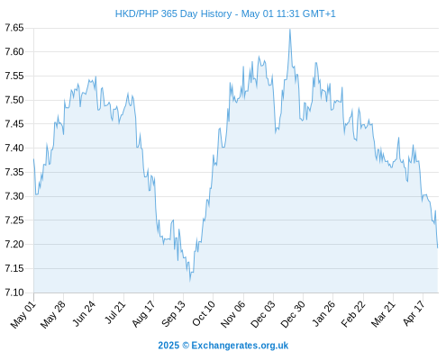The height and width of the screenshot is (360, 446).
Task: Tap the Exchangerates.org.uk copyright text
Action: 223,346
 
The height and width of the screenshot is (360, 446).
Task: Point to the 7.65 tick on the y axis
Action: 14,28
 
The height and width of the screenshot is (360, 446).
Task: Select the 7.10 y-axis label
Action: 14,292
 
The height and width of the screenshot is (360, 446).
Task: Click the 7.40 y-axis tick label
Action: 14,148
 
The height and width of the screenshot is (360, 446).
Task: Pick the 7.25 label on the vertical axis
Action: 14,220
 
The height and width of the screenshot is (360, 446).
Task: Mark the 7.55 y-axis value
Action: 14,76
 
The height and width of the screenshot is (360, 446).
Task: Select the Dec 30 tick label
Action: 293,314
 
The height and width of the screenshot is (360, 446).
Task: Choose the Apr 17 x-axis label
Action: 414,313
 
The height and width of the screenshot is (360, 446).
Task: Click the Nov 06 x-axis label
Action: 232,314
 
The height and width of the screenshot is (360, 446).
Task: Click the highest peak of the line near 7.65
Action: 290,30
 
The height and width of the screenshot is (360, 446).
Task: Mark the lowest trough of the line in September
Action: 190,281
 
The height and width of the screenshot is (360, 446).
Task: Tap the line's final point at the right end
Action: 438,247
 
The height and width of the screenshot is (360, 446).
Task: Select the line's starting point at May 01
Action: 33,159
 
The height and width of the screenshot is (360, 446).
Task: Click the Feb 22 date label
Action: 353,314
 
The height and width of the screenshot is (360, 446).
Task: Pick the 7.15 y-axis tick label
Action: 14,268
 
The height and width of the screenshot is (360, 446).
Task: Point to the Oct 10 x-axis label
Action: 204,313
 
